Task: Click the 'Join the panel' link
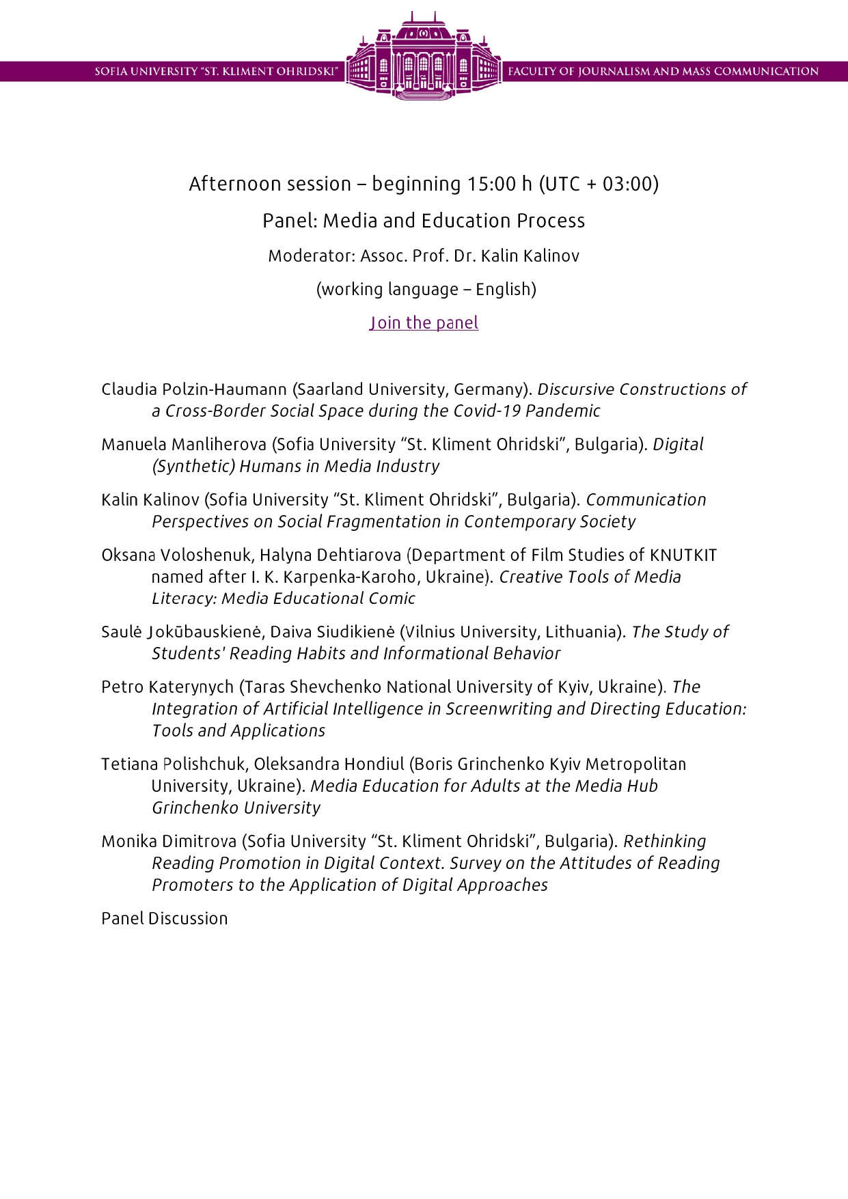click(424, 322)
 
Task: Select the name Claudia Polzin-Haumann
click(194, 389)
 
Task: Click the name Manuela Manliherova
click(184, 445)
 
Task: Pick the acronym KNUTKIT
click(683, 555)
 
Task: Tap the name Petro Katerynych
click(167, 687)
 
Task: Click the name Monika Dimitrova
click(169, 842)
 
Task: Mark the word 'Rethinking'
click(665, 842)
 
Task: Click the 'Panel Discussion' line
click(165, 919)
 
